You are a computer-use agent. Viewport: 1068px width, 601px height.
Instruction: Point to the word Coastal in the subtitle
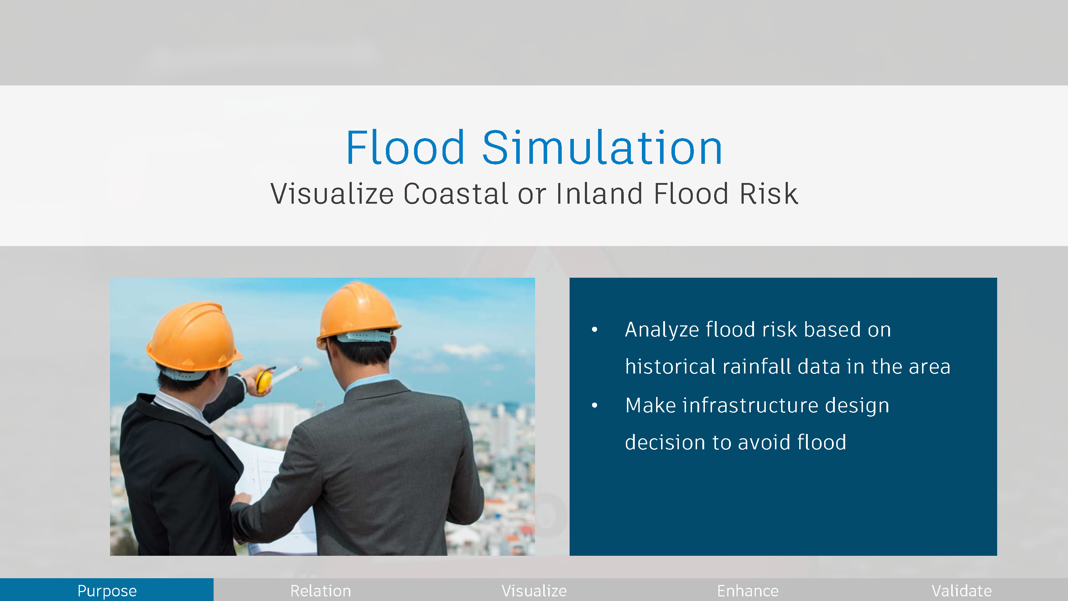point(456,194)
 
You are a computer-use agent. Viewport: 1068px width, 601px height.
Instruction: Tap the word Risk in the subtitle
point(769,194)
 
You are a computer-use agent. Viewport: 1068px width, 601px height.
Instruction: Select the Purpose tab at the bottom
point(107,590)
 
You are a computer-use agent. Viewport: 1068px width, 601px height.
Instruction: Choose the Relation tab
point(320,590)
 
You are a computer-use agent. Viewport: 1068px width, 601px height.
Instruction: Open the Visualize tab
point(534,590)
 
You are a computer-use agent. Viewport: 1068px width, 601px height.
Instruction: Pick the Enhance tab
point(748,590)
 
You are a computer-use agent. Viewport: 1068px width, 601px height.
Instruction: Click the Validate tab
point(962,590)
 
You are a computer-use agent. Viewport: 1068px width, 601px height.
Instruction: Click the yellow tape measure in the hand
point(264,380)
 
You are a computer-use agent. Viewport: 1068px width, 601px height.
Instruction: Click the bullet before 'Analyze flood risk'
point(595,330)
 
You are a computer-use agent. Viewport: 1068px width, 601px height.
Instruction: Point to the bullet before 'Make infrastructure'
point(595,405)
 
